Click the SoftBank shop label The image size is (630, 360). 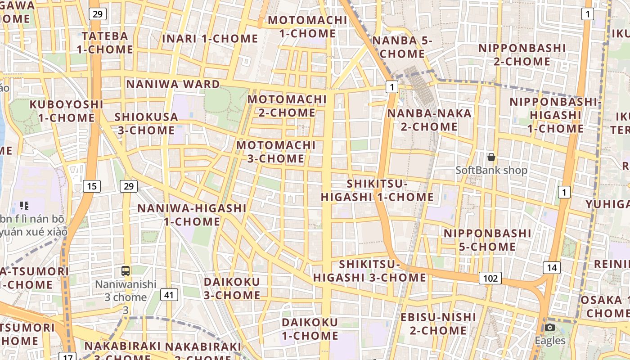pos(491,171)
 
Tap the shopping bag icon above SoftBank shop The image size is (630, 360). pos(491,157)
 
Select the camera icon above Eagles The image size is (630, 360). pos(550,327)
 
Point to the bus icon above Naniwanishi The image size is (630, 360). pos(126,271)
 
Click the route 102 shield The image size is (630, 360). pos(490,278)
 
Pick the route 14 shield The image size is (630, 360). pos(552,268)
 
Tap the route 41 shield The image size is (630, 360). pos(169,295)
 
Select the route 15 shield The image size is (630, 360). pos(91,186)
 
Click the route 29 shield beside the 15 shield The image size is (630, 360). pos(129,186)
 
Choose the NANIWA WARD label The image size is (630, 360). pos(173,84)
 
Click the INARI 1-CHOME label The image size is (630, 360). pos(210,39)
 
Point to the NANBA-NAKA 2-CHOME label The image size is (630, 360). pos(429,120)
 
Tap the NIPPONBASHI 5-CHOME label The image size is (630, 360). pos(487,240)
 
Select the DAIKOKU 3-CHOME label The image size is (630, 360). pos(232,288)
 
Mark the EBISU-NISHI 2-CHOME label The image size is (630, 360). pos(438,324)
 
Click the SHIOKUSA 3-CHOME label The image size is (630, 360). pos(146,124)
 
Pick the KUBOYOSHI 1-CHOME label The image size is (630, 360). pos(66,111)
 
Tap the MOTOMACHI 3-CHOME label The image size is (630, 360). pos(276,152)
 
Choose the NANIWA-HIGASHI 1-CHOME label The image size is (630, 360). pos(192,215)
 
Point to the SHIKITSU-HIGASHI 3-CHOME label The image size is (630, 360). pos(370,271)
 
